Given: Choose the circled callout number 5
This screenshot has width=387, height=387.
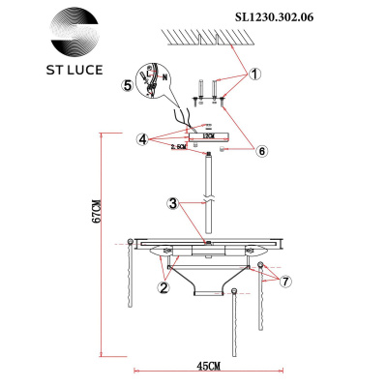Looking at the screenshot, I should pyautogui.click(x=127, y=84).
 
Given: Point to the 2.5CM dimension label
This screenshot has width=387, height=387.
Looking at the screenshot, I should pyautogui.click(x=177, y=147).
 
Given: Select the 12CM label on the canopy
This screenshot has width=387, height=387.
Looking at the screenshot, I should pyautogui.click(x=207, y=135).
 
